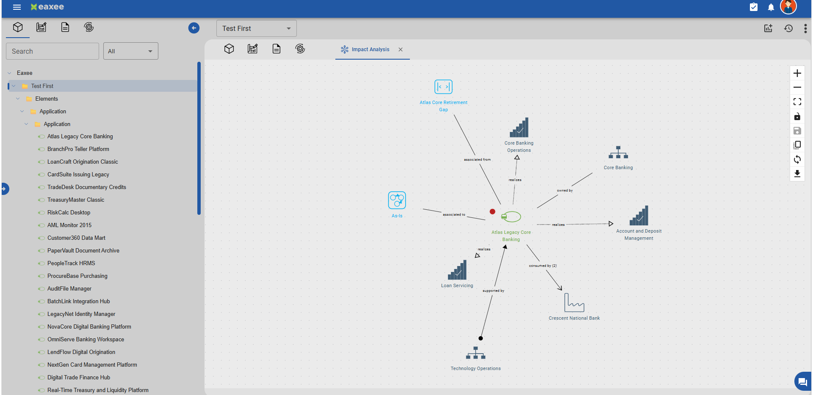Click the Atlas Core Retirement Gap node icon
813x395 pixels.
pyautogui.click(x=443, y=87)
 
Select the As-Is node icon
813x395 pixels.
pyautogui.click(x=397, y=200)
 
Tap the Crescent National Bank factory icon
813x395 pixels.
pyautogui.click(x=574, y=303)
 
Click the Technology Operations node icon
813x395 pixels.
pyautogui.click(x=476, y=353)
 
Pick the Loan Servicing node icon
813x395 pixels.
pyautogui.click(x=457, y=270)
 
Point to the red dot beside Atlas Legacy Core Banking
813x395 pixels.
pyautogui.click(x=492, y=211)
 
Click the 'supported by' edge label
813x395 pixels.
pyautogui.click(x=493, y=291)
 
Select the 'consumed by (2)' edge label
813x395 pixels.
pyautogui.click(x=543, y=266)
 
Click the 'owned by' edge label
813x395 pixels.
pyautogui.click(x=565, y=190)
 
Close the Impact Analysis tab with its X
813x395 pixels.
pyautogui.click(x=401, y=49)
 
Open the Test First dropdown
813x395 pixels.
pyautogui.click(x=257, y=28)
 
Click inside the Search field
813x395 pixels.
pyautogui.click(x=53, y=51)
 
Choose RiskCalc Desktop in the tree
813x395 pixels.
pyautogui.click(x=69, y=212)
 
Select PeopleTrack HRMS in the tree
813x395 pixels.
pyautogui.click(x=71, y=263)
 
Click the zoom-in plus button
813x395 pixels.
pyautogui.click(x=797, y=73)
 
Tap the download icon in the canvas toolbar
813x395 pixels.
pyautogui.click(x=797, y=173)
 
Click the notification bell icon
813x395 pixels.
pyautogui.click(x=771, y=7)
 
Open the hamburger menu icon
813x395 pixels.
pyautogui.click(x=17, y=7)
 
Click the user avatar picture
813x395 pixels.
pyautogui.click(x=788, y=7)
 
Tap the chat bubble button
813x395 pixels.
pyautogui.click(x=802, y=382)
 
